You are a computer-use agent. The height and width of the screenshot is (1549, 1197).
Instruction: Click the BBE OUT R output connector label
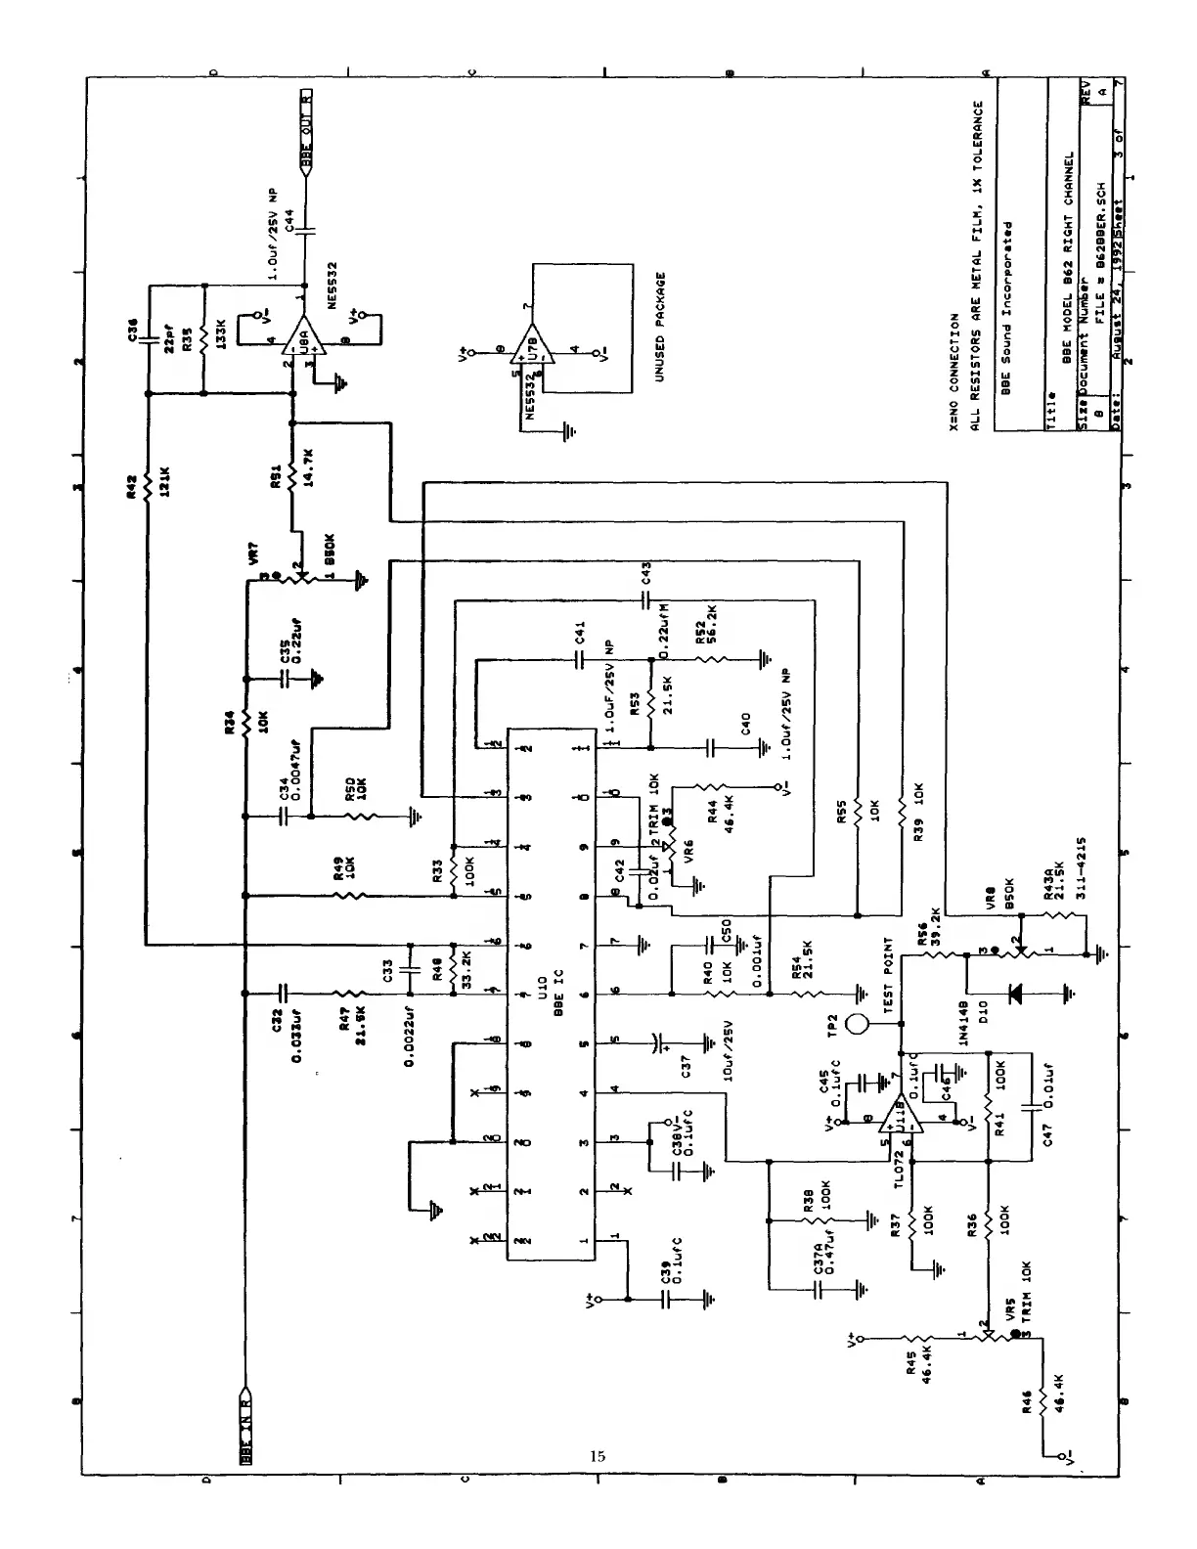(306, 126)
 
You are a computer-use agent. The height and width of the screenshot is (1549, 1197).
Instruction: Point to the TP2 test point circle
(857, 1024)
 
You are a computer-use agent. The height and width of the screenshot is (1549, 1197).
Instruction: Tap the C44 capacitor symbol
(306, 232)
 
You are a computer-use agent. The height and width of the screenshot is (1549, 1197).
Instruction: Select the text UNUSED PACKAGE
(660, 327)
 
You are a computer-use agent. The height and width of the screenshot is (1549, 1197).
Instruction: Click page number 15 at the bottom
(598, 1456)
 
